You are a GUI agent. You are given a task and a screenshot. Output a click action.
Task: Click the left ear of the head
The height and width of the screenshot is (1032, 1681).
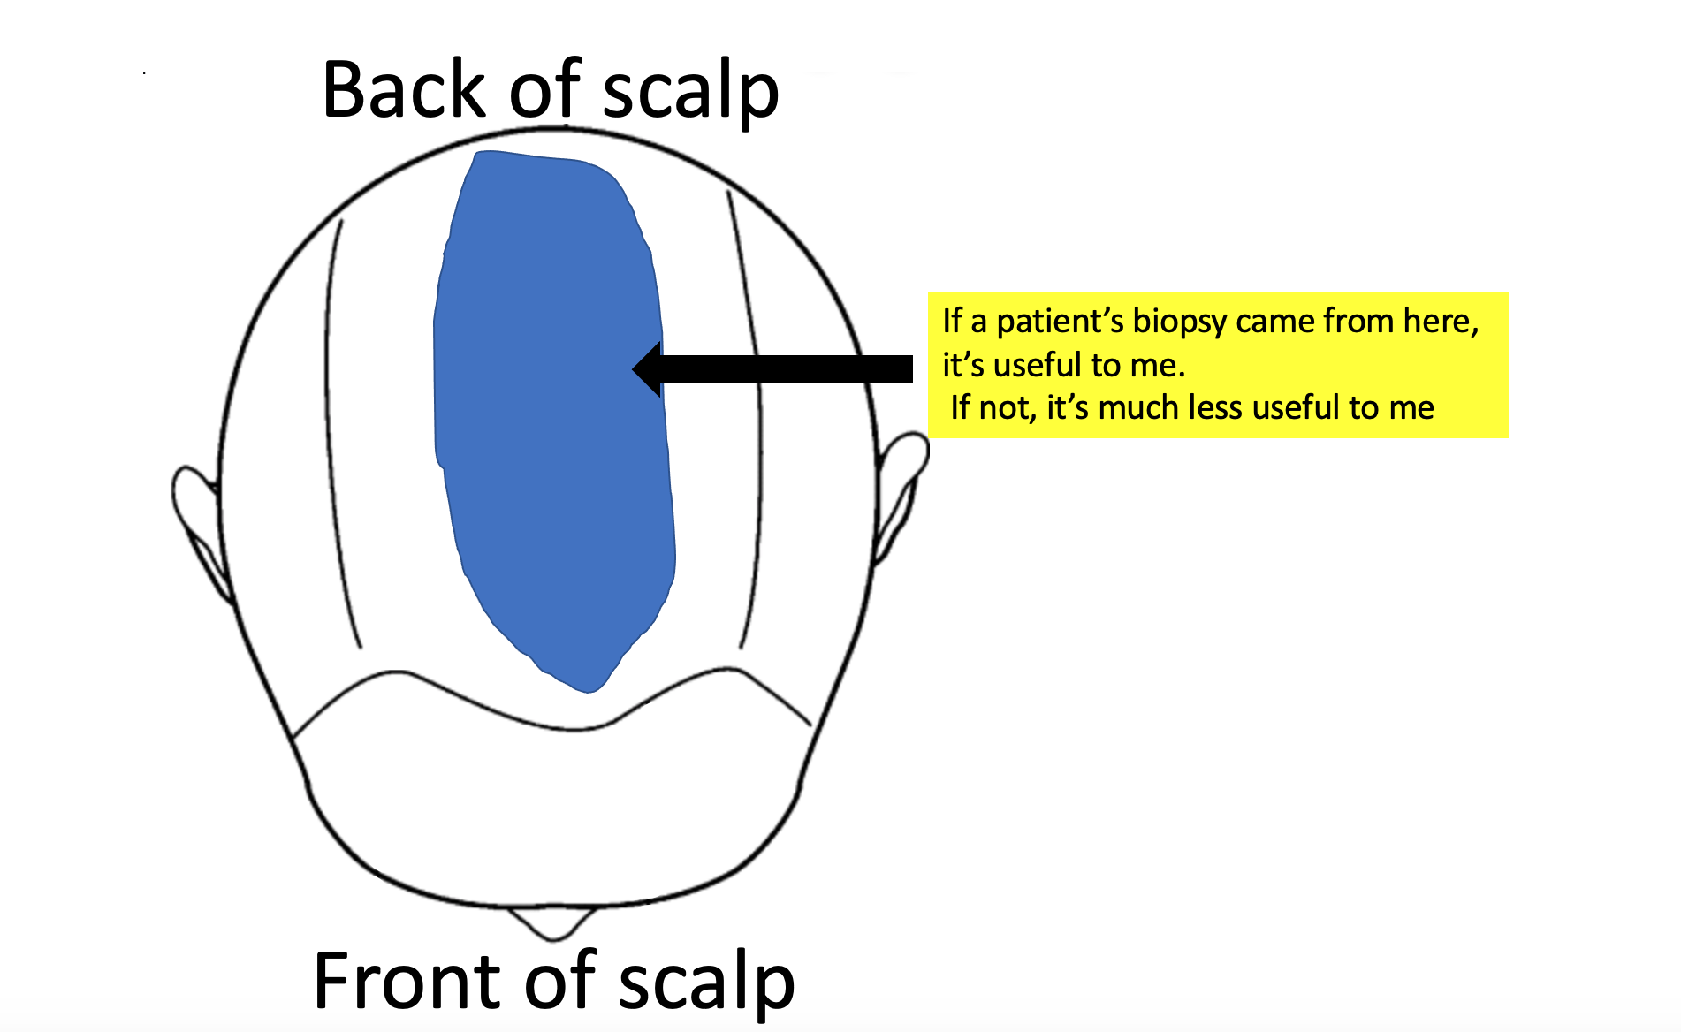coord(196,521)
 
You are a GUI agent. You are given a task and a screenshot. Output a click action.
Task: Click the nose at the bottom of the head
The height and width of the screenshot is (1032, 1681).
coord(551,922)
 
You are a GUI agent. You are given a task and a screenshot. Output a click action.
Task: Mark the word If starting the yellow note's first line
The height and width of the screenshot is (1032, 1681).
coord(952,321)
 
